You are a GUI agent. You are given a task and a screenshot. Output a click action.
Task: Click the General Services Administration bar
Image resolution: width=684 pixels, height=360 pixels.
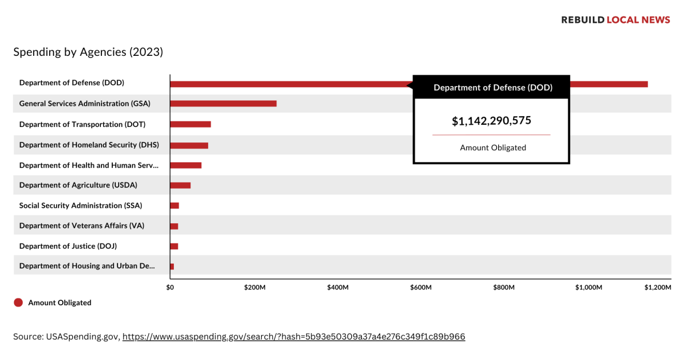[223, 104]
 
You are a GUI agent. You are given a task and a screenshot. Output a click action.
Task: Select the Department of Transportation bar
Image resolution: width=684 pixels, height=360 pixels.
[190, 124]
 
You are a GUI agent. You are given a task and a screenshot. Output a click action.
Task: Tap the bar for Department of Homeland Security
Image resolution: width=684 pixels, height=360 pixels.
[189, 145]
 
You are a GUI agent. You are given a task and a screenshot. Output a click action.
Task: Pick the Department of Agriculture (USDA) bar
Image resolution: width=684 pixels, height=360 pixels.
[180, 185]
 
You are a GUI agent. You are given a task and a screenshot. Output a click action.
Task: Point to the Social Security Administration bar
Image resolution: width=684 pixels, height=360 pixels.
[174, 206]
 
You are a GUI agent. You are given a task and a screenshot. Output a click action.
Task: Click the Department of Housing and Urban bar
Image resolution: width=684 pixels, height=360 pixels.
[172, 267]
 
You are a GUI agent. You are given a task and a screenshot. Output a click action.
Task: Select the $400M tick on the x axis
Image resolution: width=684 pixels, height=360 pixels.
[338, 288]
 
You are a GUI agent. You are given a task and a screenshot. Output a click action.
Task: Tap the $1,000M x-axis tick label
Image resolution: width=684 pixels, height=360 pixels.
[588, 288]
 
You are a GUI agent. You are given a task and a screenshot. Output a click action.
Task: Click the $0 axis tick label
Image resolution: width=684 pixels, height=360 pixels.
[170, 288]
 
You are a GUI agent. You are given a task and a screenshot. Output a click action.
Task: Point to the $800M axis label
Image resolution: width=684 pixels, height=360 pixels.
[504, 288]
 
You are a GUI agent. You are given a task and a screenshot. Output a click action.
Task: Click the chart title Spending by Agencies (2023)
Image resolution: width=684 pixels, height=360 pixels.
[88, 52]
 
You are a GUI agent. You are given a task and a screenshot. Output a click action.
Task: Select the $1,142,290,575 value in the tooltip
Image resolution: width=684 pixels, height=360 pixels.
[491, 121]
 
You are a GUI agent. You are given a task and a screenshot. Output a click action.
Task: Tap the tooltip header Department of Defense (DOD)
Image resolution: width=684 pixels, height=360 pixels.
[492, 88]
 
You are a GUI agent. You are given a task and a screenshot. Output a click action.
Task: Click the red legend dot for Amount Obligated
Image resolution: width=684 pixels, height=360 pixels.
[18, 302]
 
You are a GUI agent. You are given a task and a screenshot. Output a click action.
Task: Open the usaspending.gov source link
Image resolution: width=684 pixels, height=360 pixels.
[294, 337]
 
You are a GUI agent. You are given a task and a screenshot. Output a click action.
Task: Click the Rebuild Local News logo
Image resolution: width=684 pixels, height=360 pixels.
[616, 20]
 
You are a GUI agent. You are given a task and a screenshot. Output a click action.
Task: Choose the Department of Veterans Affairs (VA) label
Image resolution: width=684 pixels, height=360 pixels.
[82, 226]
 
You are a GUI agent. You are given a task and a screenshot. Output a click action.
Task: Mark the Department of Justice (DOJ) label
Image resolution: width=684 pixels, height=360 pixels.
[68, 246]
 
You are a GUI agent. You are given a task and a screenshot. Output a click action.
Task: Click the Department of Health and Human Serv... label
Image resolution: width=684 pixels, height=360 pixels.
[88, 165]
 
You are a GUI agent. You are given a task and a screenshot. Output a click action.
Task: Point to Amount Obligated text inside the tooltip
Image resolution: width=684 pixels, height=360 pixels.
[492, 148]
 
